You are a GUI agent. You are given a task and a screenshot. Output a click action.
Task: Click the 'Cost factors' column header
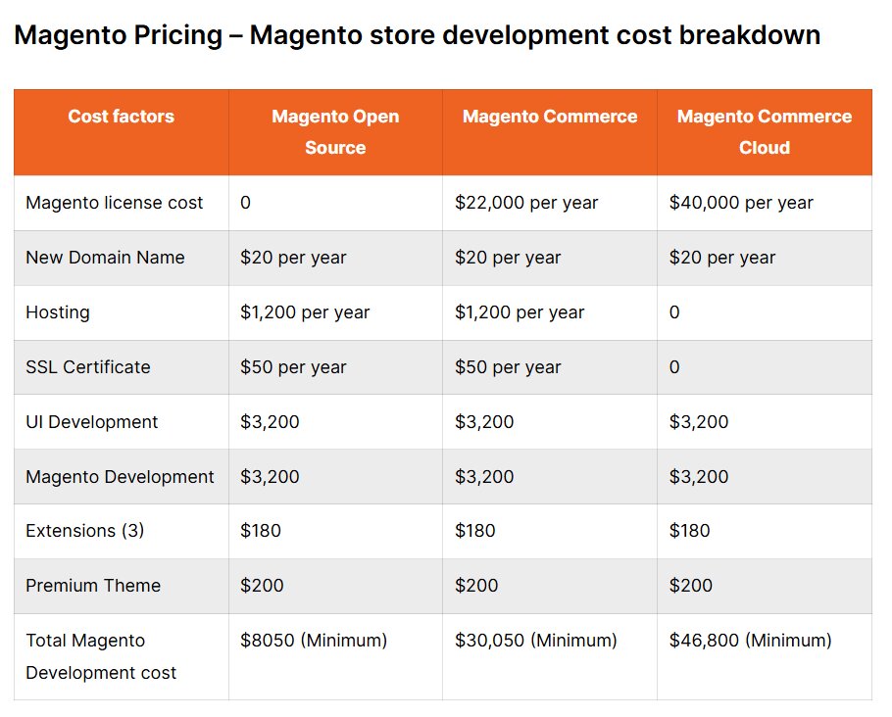click(121, 117)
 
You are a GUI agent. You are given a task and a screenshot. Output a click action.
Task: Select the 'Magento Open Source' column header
click(335, 132)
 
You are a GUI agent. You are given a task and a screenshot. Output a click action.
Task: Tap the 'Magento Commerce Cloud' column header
click(764, 132)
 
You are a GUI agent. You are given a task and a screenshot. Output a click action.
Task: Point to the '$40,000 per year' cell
click(741, 203)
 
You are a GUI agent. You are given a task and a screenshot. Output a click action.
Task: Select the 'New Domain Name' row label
click(105, 258)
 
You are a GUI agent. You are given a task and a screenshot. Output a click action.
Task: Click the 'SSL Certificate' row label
click(88, 367)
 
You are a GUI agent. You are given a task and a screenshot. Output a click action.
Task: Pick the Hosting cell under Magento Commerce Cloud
click(674, 312)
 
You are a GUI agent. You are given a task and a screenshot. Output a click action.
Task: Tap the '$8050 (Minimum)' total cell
click(314, 641)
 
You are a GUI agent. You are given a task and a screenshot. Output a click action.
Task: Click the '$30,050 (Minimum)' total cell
click(536, 641)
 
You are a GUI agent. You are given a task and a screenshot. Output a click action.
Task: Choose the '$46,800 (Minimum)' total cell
click(750, 641)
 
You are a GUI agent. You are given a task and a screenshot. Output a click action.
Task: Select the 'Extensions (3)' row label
click(84, 531)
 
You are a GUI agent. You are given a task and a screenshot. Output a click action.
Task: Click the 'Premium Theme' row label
click(93, 586)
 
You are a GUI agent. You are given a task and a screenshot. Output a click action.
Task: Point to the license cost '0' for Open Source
click(246, 203)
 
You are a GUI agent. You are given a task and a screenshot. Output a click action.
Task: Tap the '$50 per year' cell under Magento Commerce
click(508, 367)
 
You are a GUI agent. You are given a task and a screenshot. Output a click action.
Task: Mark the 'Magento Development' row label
click(120, 477)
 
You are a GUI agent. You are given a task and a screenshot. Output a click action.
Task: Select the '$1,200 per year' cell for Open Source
click(305, 312)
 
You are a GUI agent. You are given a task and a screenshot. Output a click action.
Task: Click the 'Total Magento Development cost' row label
click(101, 656)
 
